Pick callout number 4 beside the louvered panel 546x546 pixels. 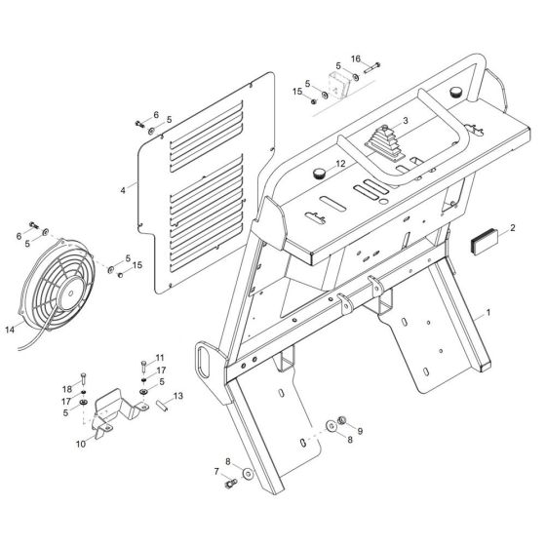[124, 188]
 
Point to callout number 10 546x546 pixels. [81, 445]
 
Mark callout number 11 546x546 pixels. [161, 358]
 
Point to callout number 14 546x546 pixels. [10, 329]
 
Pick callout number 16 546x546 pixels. [356, 58]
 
